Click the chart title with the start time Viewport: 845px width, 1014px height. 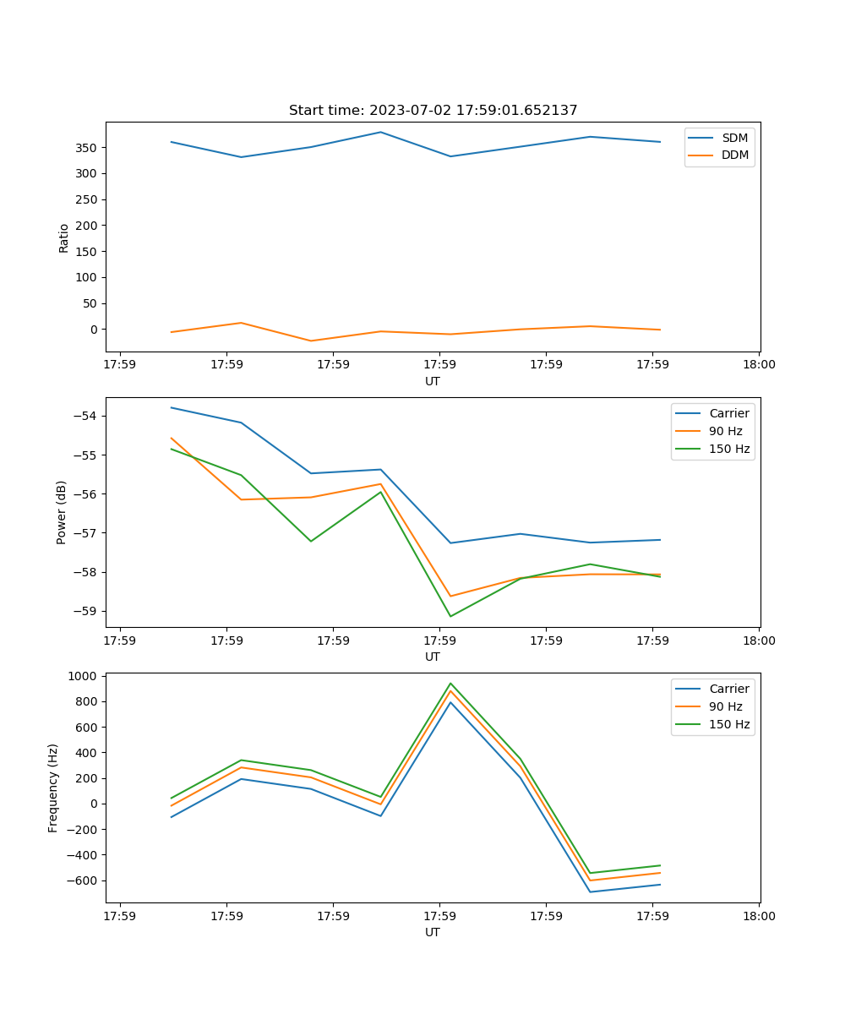(x=433, y=111)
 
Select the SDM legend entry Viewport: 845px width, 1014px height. (x=734, y=138)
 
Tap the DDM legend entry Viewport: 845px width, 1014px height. (x=734, y=155)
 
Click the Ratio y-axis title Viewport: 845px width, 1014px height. (x=63, y=237)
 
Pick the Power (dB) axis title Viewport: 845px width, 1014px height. (x=62, y=512)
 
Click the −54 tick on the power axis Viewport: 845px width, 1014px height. (x=84, y=416)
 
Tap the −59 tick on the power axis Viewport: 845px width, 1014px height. (x=84, y=611)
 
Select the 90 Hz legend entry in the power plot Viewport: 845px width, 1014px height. (x=725, y=431)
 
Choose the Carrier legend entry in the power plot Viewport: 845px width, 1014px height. (x=728, y=413)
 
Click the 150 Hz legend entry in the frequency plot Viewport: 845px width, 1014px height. (x=729, y=724)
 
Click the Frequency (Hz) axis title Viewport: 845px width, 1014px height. (x=53, y=788)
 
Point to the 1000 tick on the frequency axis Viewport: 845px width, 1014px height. (x=84, y=676)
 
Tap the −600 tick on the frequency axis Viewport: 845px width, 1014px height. (x=81, y=880)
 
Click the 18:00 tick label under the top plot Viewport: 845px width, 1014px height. (x=759, y=365)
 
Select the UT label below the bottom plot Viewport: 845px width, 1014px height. (x=433, y=932)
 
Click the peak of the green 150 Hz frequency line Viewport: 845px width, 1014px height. (x=450, y=683)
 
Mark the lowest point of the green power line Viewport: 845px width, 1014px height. (x=450, y=616)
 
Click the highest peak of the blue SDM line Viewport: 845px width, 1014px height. (x=380, y=132)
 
